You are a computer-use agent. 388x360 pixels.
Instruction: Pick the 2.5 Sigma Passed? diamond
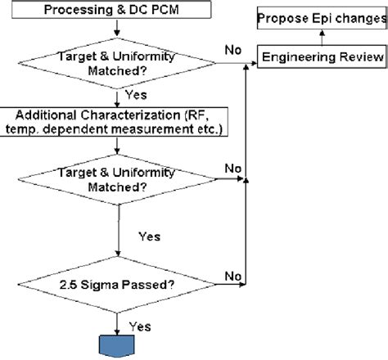click(120, 284)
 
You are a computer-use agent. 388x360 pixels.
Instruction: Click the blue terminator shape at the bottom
click(121, 344)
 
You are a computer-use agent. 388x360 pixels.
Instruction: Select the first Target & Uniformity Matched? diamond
click(120, 62)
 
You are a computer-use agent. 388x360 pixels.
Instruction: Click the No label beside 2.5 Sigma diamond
click(232, 276)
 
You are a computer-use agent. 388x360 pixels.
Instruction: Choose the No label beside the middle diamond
click(232, 168)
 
